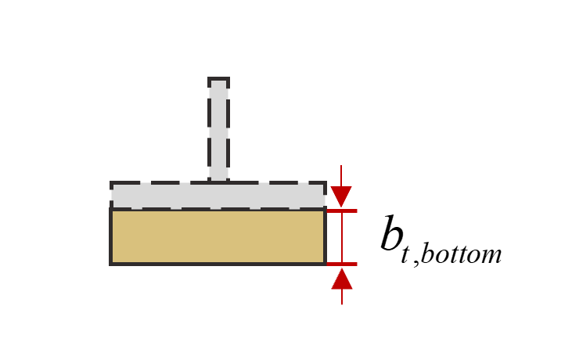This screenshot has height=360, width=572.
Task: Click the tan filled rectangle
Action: click(218, 236)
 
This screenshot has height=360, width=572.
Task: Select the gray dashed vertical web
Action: click(218, 129)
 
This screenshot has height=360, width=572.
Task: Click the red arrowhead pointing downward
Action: click(342, 196)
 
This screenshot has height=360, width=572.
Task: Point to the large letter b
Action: click(390, 233)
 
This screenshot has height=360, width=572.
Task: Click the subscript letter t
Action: click(406, 255)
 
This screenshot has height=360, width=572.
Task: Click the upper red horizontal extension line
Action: click(342, 210)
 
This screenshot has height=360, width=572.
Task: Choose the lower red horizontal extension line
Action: click(342, 265)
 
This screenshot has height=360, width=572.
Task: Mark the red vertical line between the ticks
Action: click(342, 237)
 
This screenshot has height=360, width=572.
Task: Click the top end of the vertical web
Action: click(218, 79)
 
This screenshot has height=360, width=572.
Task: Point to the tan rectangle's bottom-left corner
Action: click(111, 264)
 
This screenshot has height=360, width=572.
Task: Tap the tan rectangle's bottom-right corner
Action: click(325, 264)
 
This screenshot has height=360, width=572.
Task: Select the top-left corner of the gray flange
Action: click(112, 183)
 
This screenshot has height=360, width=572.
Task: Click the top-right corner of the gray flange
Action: click(324, 183)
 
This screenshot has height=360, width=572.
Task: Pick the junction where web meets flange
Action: click(218, 183)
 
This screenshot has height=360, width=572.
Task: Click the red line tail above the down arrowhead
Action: click(342, 174)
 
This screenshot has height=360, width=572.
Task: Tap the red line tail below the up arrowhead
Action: click(342, 297)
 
